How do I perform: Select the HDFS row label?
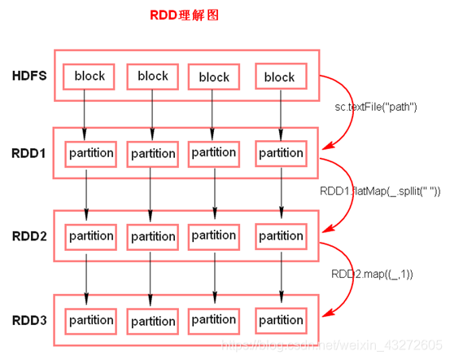(29, 77)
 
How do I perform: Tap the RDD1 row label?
(29, 152)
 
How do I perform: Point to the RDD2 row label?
(29, 236)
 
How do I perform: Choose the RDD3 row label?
(29, 320)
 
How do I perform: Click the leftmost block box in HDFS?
(90, 77)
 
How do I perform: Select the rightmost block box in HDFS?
(279, 77)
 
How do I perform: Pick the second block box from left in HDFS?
(152, 76)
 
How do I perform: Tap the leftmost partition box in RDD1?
(91, 153)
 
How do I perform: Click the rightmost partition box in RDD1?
(281, 153)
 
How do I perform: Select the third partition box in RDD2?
(214, 235)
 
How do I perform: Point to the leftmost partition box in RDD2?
(91, 236)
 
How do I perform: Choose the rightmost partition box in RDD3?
(281, 320)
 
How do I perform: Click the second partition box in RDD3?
(153, 321)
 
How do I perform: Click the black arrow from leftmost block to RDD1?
(85, 113)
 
